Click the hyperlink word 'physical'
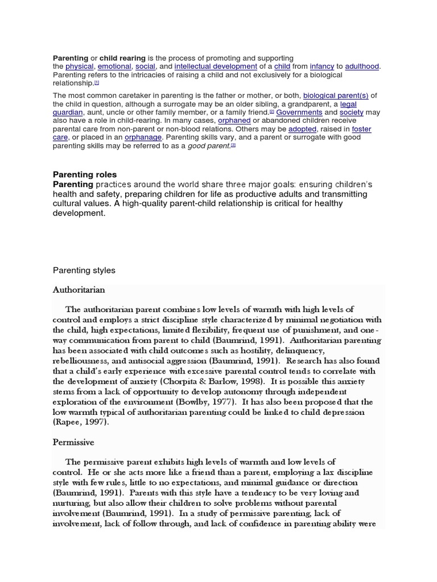(80, 66)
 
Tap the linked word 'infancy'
(321, 66)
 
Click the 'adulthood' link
(361, 66)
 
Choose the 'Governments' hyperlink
(299, 113)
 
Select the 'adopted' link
(302, 129)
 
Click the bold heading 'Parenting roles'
(85, 174)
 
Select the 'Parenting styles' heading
(84, 271)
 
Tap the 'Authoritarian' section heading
(79, 289)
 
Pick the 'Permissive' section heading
(73, 442)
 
